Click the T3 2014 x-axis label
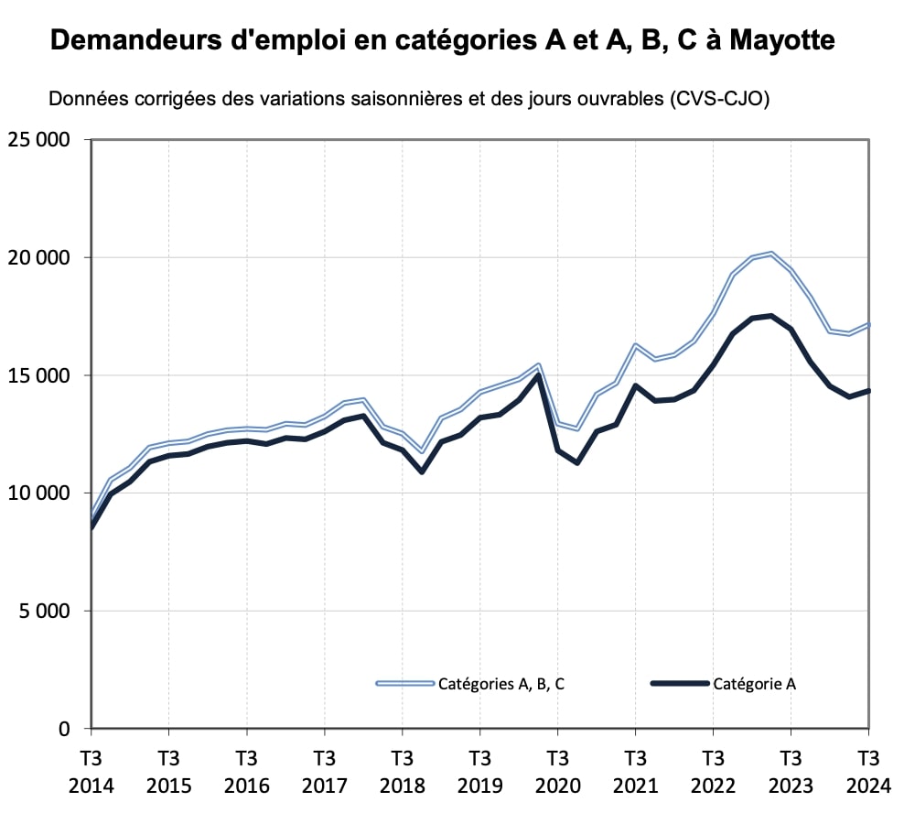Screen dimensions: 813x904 pyautogui.click(x=91, y=773)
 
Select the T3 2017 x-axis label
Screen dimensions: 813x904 pyautogui.click(x=324, y=773)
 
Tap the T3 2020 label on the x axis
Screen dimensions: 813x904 pyautogui.click(x=557, y=773)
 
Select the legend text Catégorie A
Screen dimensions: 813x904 pyautogui.click(x=755, y=683)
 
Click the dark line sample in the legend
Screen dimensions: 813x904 pyautogui.click(x=680, y=683)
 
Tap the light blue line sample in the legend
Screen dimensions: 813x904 pyautogui.click(x=404, y=683)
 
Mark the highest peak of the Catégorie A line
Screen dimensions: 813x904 pyautogui.click(x=771, y=316)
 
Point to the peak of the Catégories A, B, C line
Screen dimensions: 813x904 pyautogui.click(x=771, y=253)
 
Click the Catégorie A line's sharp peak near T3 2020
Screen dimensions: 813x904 pyautogui.click(x=538, y=374)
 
